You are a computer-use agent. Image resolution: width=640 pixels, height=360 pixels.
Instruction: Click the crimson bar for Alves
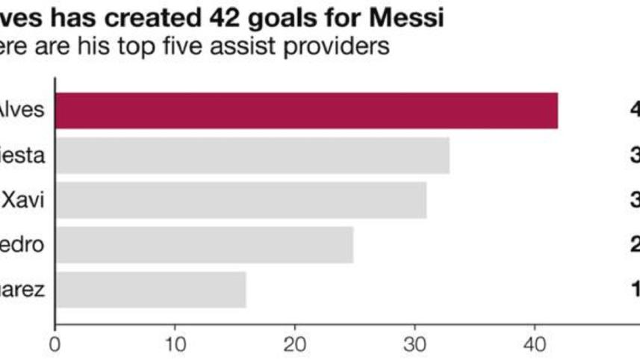[306, 111]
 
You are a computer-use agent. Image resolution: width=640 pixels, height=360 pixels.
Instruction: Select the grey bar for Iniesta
[252, 155]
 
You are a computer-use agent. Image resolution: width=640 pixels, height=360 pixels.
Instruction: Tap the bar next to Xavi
[240, 200]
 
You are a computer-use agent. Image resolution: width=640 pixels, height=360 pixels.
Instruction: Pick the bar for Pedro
[204, 245]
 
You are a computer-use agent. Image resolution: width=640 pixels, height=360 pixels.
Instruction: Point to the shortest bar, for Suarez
[150, 290]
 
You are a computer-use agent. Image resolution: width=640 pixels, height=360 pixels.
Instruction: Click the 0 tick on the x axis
[55, 346]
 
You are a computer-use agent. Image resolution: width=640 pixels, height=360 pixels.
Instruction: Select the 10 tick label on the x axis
[175, 346]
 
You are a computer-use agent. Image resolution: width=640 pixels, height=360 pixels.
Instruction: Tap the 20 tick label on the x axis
[295, 346]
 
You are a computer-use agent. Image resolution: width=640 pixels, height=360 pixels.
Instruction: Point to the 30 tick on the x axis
[415, 346]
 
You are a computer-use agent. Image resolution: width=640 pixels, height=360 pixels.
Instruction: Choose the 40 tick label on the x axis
[535, 346]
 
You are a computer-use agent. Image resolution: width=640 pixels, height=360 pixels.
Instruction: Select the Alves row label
[22, 111]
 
